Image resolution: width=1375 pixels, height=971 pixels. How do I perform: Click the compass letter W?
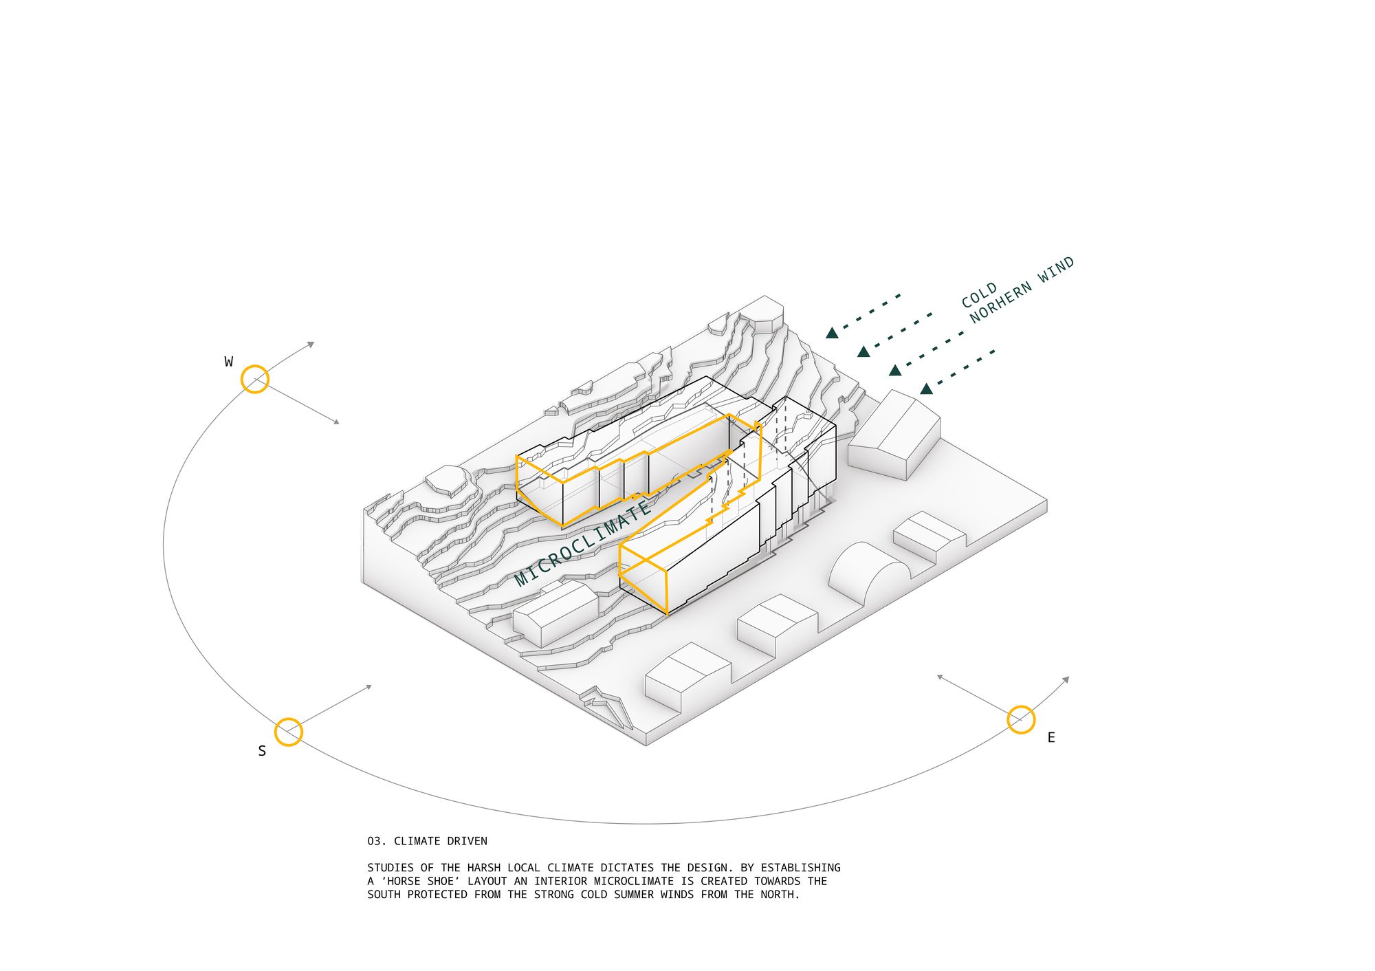tap(229, 362)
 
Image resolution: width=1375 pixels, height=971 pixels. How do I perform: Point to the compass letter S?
tap(262, 751)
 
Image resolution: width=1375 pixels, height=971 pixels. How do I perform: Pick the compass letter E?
tap(1051, 738)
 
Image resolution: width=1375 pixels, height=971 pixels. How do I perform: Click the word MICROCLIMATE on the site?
tap(583, 543)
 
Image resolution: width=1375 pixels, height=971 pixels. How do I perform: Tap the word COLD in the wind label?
tap(980, 295)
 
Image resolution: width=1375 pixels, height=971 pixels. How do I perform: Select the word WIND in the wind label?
tap(1057, 270)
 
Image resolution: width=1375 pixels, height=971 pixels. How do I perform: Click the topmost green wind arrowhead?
tap(832, 334)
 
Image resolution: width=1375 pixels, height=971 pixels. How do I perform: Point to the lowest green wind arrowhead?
tap(926, 389)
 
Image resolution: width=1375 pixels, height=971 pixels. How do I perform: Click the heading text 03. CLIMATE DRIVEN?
tap(427, 841)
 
